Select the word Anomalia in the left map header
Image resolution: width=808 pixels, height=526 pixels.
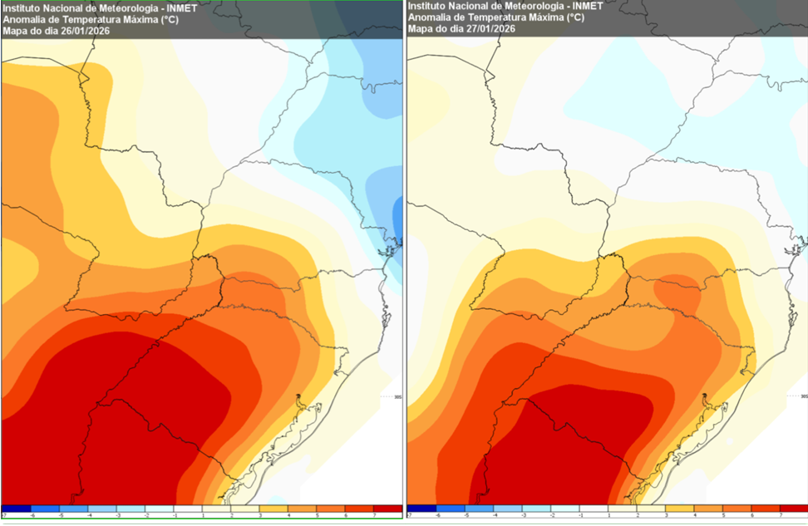pyautogui.click(x=24, y=19)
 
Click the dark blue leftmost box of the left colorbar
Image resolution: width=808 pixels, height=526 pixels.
pyautogui.click(x=17, y=509)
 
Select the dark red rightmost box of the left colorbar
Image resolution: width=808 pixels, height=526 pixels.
pyautogui.click(x=388, y=509)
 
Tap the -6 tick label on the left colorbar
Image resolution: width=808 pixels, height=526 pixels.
pyautogui.click(x=32, y=516)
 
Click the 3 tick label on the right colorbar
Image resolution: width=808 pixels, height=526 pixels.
pyautogui.click(x=665, y=516)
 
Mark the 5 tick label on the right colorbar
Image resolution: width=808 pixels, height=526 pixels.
pyautogui.click(x=722, y=516)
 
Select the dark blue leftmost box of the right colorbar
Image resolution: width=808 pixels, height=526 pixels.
pyautogui.click(x=421, y=509)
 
